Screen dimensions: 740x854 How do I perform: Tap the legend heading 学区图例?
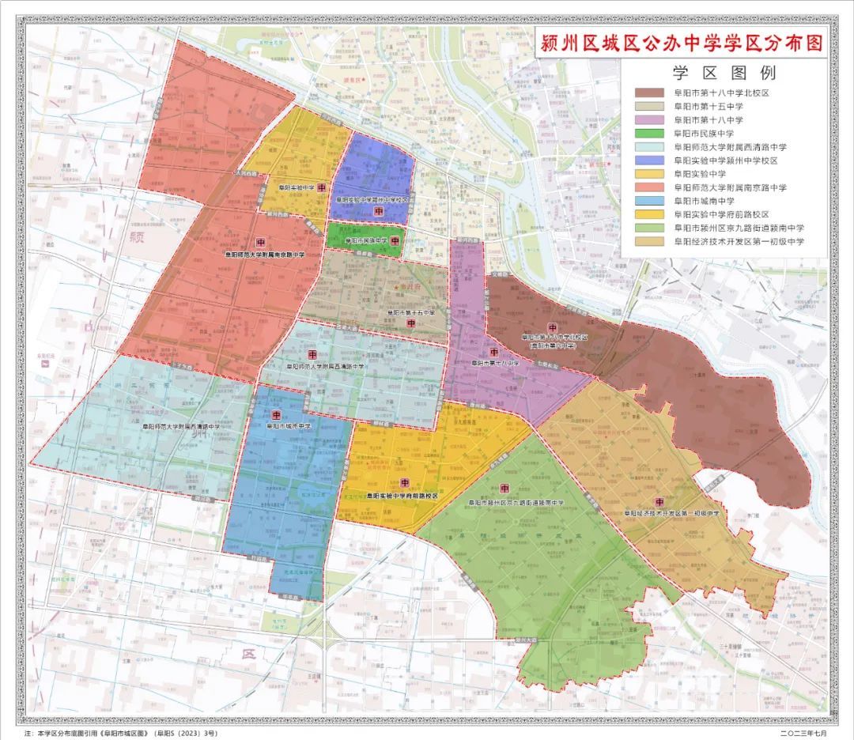724,74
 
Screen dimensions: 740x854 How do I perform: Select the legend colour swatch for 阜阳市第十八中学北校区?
650,93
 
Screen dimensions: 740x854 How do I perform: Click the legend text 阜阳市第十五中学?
708,107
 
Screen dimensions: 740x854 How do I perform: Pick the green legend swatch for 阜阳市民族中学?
650,134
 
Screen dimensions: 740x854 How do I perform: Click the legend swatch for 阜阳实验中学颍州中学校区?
650,160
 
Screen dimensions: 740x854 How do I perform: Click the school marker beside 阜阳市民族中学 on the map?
395,240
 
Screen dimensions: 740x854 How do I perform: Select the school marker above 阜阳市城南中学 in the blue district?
276,414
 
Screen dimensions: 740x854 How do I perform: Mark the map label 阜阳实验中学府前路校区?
402,496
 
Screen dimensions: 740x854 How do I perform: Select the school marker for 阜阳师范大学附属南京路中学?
261,242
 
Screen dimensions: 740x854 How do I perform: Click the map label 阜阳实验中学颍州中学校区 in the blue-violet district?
372,201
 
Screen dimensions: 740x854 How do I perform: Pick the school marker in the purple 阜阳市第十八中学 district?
493,352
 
